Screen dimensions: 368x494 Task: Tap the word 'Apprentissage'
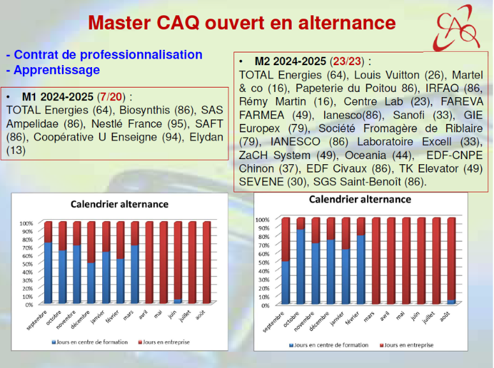pyautogui.click(x=57, y=70)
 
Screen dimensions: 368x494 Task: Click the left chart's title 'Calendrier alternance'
pyautogui.click(x=119, y=204)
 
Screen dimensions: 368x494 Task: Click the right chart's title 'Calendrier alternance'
pyautogui.click(x=360, y=199)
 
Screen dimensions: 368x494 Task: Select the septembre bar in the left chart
pyautogui.click(x=48, y=263)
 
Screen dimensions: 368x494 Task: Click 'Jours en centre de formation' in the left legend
pyautogui.click(x=93, y=342)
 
